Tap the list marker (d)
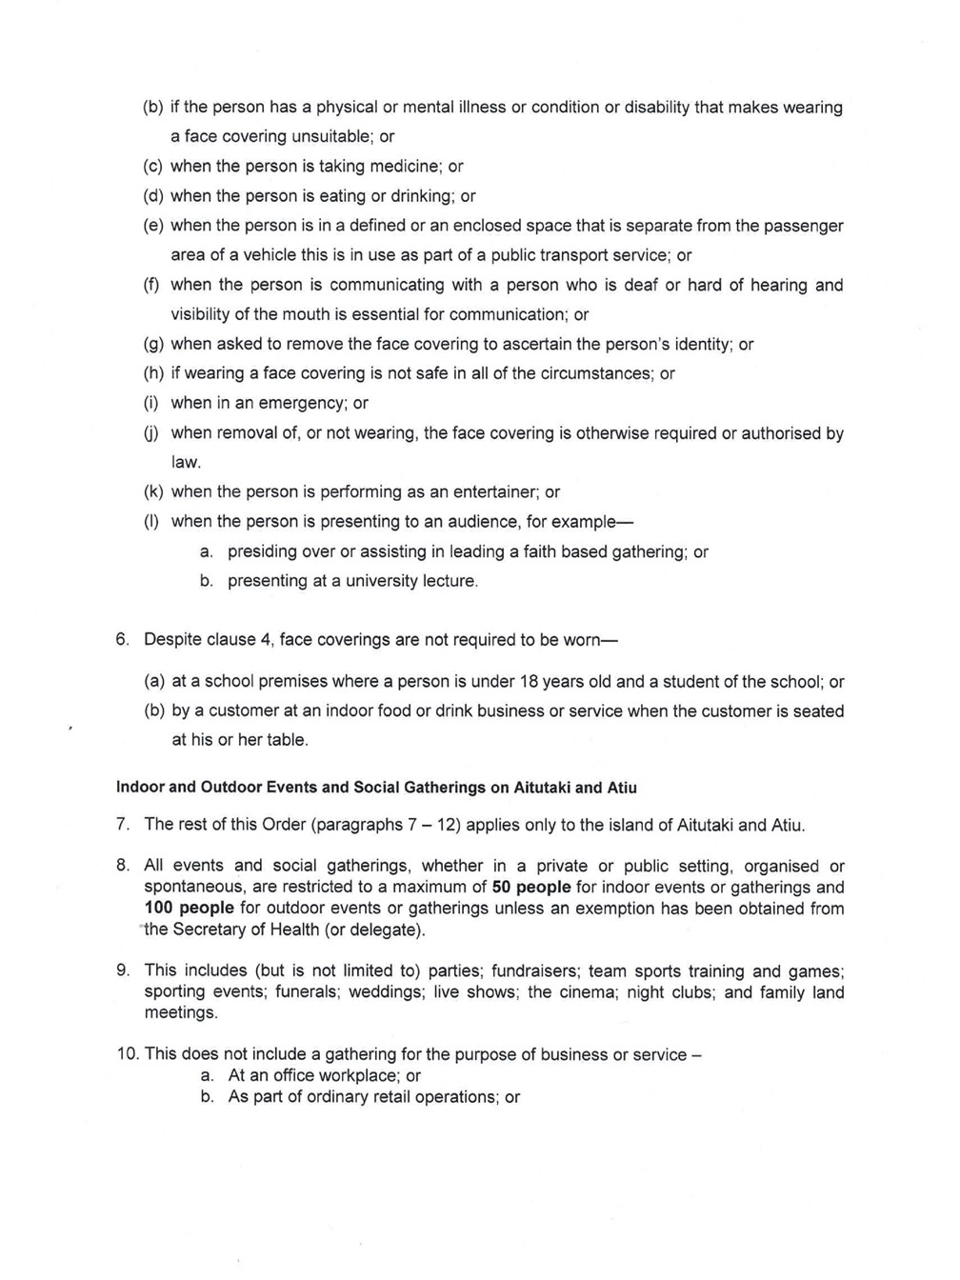click(x=152, y=196)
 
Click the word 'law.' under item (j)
click(x=187, y=463)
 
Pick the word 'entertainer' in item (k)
click(x=491, y=492)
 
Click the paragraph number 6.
click(x=122, y=639)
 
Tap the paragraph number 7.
click(x=122, y=825)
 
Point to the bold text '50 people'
click(x=531, y=888)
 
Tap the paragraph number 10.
click(x=127, y=1054)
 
